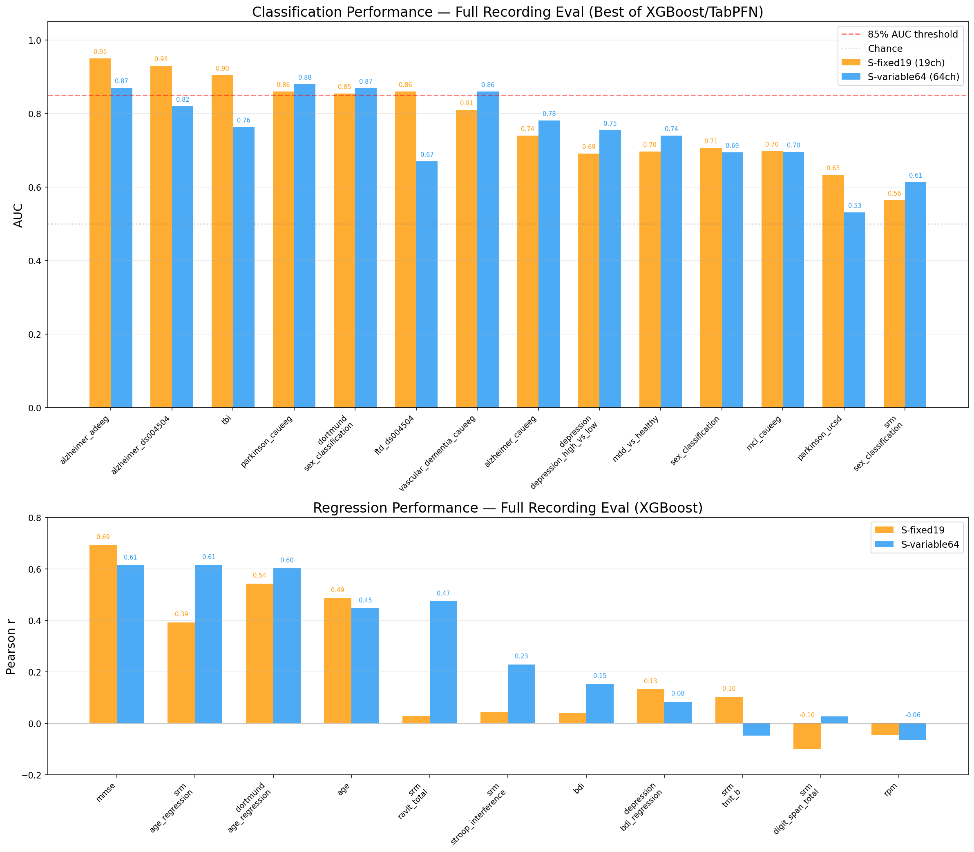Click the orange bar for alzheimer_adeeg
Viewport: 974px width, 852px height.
[x=100, y=233]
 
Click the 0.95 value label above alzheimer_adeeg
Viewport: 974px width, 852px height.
[x=100, y=52]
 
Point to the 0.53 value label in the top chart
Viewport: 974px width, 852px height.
[x=855, y=205]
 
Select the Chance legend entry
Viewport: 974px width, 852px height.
[x=885, y=49]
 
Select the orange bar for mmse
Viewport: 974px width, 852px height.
[x=103, y=634]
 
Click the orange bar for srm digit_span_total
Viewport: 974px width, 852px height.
[x=807, y=736]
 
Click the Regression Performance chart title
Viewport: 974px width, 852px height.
[x=507, y=508]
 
